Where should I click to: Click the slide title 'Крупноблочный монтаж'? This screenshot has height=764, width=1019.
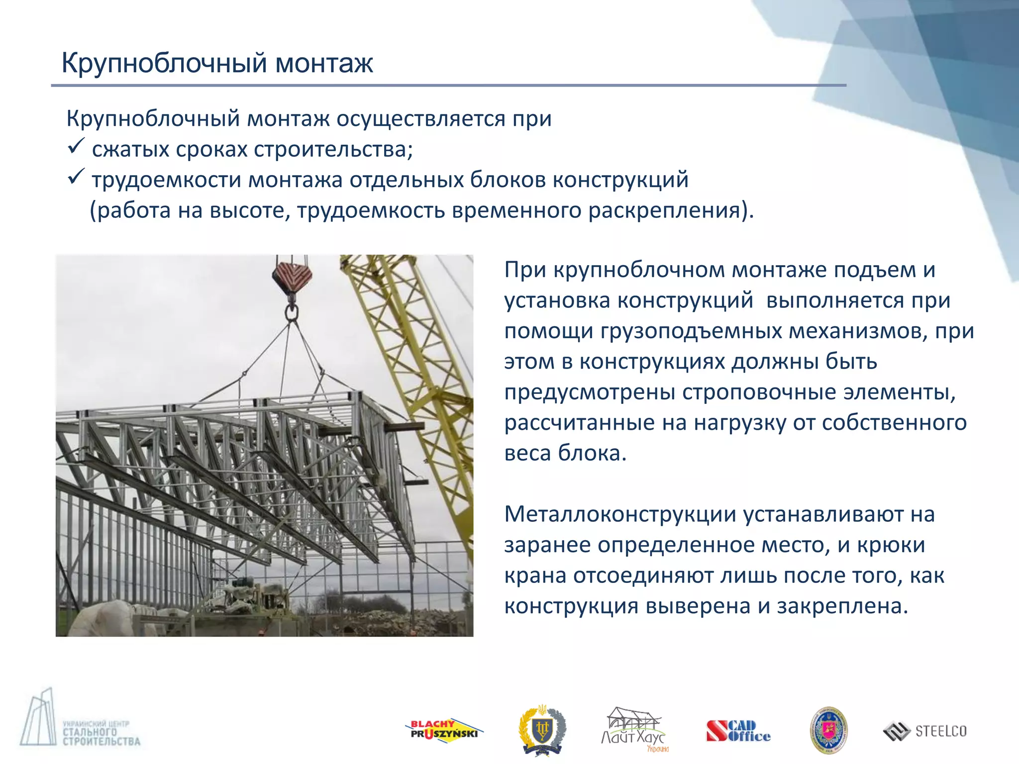tap(217, 63)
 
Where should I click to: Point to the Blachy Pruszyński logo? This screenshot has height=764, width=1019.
tap(443, 730)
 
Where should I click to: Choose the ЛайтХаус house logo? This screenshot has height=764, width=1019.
tap(633, 729)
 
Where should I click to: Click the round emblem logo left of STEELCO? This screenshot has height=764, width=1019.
tap(828, 730)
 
